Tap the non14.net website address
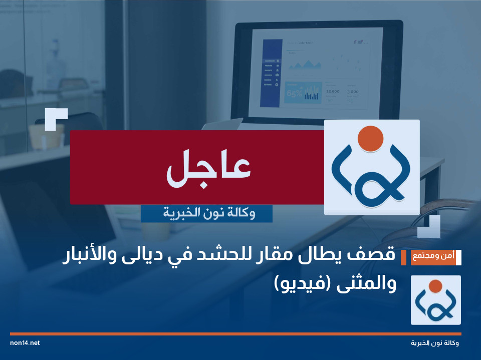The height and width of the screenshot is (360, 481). [x=25, y=343]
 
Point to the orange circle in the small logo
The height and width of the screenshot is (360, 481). [x=435, y=286]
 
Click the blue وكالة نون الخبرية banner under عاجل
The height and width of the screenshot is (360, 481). [x=206, y=214]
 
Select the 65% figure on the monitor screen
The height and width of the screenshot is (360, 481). [x=294, y=93]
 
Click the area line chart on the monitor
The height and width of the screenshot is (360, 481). [x=305, y=64]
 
